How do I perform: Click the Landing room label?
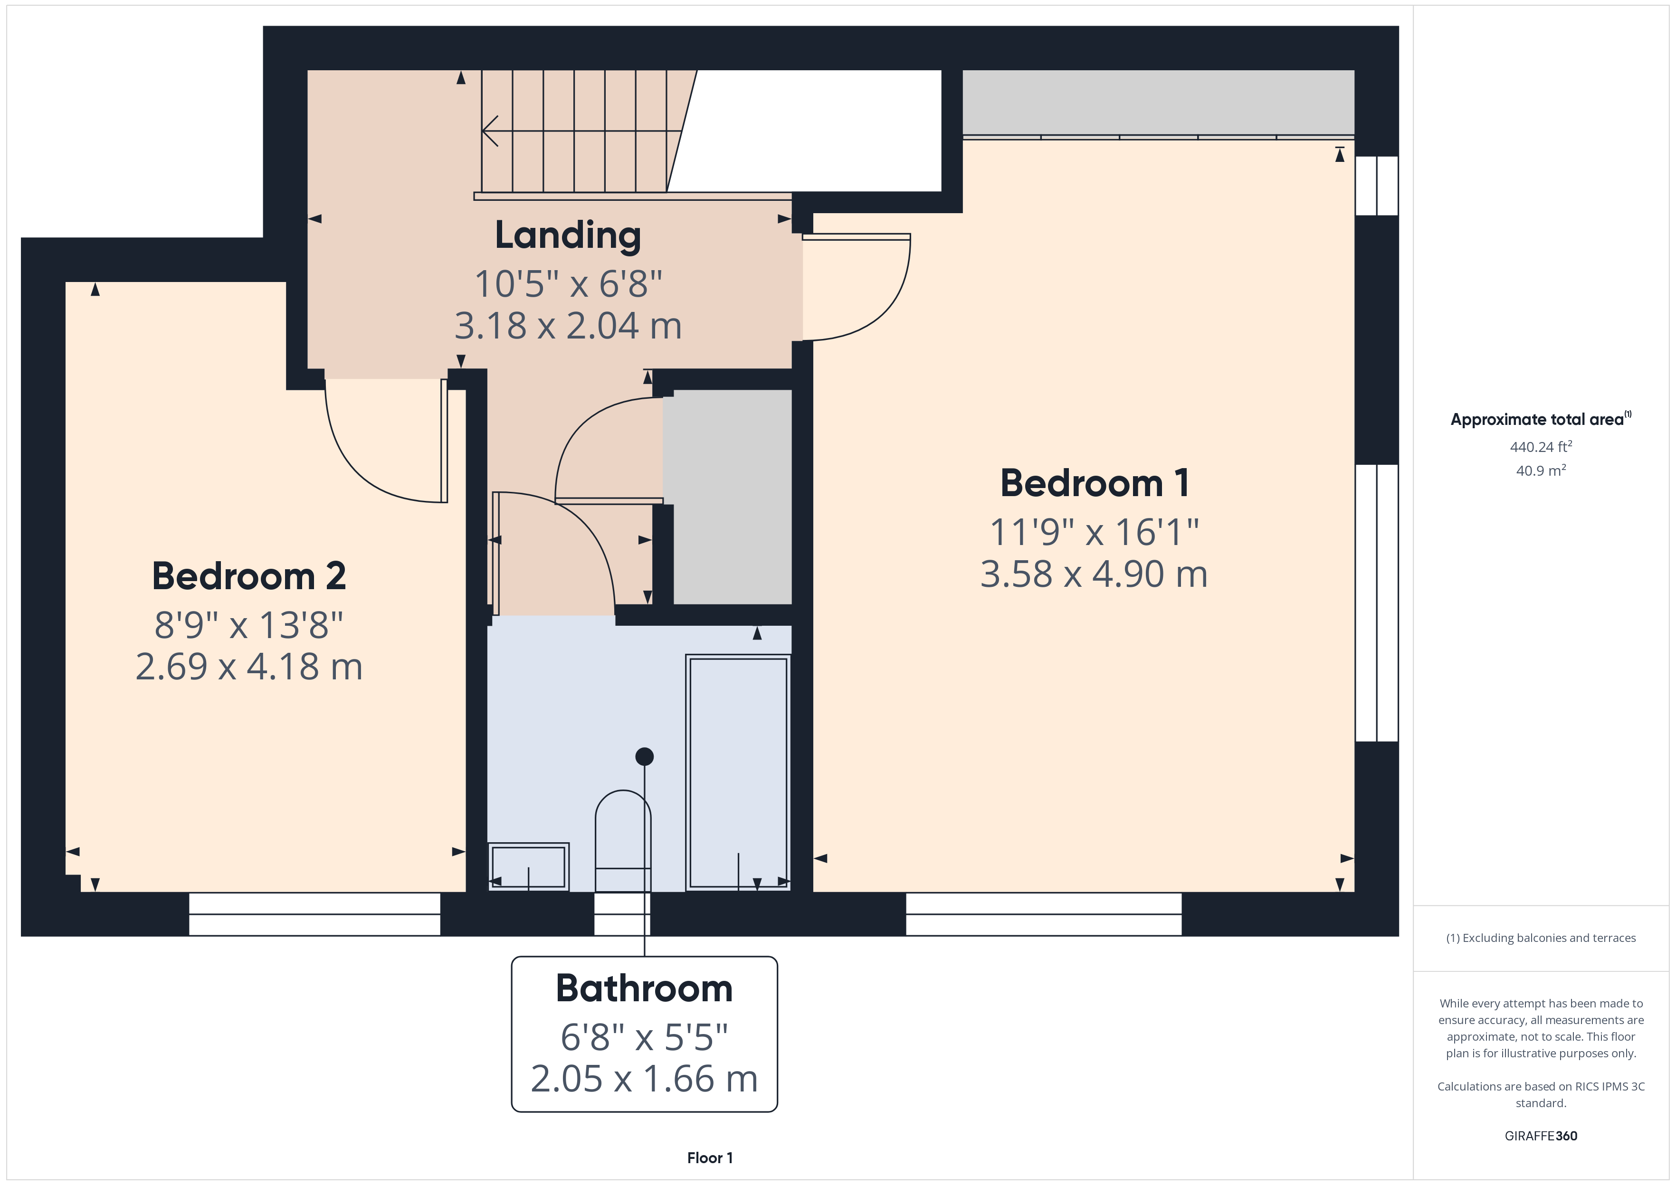[568, 235]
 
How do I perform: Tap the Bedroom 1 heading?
[1094, 483]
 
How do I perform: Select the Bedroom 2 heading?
[249, 576]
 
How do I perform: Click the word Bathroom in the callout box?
[644, 989]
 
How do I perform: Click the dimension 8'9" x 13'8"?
[249, 625]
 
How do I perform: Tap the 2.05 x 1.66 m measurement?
[644, 1079]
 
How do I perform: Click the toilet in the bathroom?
[623, 841]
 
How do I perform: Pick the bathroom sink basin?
[528, 867]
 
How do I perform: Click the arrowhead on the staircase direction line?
[490, 132]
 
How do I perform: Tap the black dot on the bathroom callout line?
[645, 757]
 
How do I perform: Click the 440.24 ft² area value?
[1541, 447]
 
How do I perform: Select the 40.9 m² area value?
[1541, 470]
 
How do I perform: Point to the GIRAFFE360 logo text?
[1541, 1136]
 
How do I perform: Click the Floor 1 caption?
[710, 1158]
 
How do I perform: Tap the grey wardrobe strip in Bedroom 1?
[1159, 102]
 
